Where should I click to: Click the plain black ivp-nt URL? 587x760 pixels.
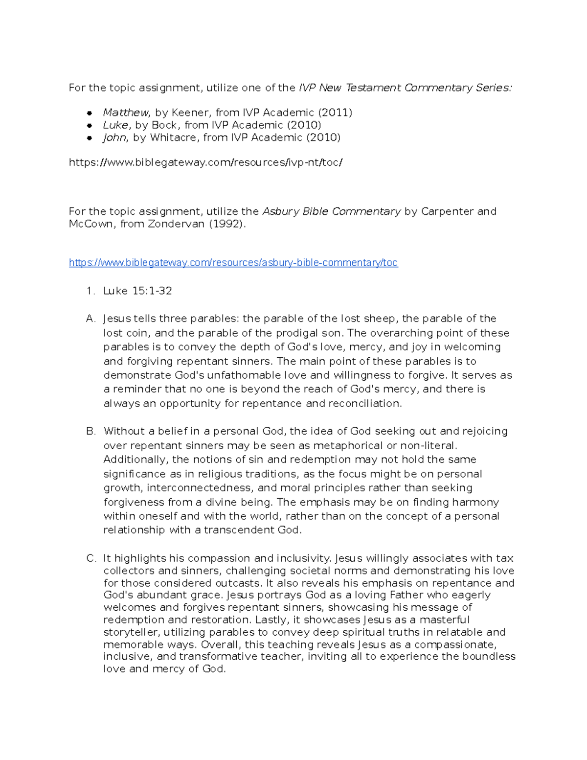(205, 162)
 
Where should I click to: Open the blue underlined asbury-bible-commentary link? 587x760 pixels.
(233, 263)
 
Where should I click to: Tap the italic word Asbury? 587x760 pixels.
(281, 211)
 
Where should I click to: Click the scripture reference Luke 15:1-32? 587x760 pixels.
(137, 291)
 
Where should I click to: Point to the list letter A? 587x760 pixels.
(90, 319)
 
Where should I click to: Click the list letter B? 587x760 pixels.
(90, 431)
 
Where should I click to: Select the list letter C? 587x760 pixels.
(90, 558)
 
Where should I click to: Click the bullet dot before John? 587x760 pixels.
(90, 138)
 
